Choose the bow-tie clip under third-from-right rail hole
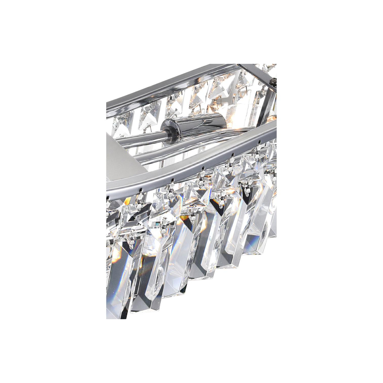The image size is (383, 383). click(x=202, y=176)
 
